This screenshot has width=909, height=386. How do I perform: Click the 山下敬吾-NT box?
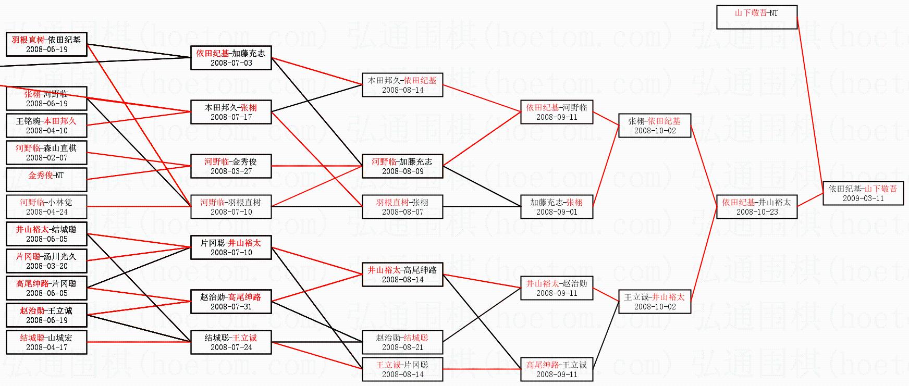point(756,17)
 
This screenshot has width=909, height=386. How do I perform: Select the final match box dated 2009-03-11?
point(863,193)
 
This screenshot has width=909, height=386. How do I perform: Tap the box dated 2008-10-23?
point(756,207)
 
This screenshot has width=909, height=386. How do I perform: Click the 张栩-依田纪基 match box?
point(654,126)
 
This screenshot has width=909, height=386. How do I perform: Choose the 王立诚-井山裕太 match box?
point(654,302)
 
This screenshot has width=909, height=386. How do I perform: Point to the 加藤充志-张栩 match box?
point(557,207)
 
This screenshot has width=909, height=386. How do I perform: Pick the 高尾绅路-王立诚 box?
point(557,369)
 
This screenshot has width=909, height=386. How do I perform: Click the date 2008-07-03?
point(231,63)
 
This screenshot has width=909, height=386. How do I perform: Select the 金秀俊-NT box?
point(46,180)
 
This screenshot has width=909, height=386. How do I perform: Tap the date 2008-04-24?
point(46,212)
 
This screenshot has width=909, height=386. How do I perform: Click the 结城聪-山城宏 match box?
point(46,342)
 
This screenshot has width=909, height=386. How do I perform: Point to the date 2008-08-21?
point(402,347)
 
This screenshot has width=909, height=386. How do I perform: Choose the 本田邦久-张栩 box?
point(231,112)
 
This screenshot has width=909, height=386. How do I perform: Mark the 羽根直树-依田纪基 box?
point(46,44)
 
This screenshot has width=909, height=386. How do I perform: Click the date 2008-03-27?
point(231,171)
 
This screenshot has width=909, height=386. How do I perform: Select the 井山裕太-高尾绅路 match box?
point(402,275)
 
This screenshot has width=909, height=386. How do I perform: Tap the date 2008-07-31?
point(231,307)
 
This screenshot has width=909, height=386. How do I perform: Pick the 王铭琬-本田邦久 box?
point(46,126)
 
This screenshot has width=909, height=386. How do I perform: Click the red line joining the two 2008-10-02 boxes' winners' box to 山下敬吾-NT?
point(811,104)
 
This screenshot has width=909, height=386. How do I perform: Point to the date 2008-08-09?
point(402,171)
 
